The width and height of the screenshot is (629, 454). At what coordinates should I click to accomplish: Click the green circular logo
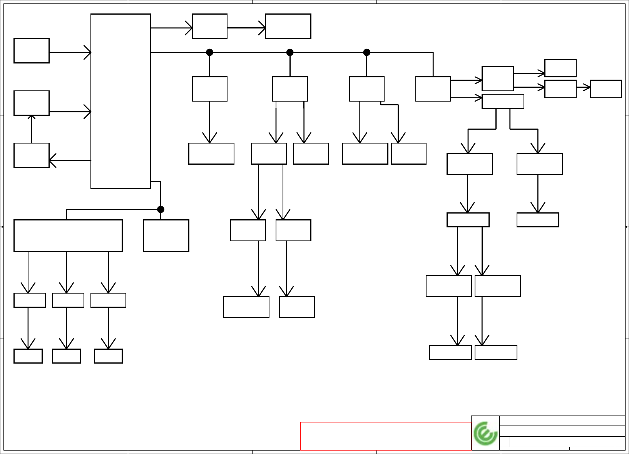click(x=485, y=433)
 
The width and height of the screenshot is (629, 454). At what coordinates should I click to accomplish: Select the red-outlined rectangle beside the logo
click(x=386, y=436)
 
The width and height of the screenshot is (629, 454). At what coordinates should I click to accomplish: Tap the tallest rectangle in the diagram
click(x=120, y=101)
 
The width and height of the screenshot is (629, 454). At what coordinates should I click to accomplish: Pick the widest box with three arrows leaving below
click(x=68, y=235)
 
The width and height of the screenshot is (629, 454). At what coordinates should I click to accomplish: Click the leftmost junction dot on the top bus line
click(x=209, y=52)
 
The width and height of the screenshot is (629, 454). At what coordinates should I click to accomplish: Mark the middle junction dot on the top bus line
click(x=290, y=52)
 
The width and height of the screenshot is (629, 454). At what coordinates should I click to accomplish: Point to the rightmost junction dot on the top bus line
click(x=366, y=52)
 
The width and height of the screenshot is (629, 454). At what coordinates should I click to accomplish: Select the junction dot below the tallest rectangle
click(x=161, y=209)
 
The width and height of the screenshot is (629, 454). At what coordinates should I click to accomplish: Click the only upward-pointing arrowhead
click(x=32, y=117)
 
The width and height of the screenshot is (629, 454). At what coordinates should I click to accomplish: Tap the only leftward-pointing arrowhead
click(x=52, y=160)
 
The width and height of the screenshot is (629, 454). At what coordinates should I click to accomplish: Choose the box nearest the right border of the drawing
click(x=606, y=89)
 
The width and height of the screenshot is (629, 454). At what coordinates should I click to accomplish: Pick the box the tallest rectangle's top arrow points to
click(x=209, y=26)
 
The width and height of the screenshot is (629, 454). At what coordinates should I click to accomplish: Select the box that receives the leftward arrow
click(x=32, y=155)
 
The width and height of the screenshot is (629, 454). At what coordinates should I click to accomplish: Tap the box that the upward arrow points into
click(x=32, y=103)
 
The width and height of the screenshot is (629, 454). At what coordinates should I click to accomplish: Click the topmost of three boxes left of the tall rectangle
click(x=32, y=50)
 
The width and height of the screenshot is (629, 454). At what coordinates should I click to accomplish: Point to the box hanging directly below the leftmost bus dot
click(x=209, y=89)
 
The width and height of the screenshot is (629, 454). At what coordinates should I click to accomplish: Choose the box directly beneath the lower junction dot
click(x=166, y=235)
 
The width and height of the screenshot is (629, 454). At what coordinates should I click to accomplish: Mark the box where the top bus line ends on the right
click(x=433, y=89)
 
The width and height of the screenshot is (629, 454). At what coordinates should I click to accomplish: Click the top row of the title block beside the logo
click(x=562, y=421)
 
